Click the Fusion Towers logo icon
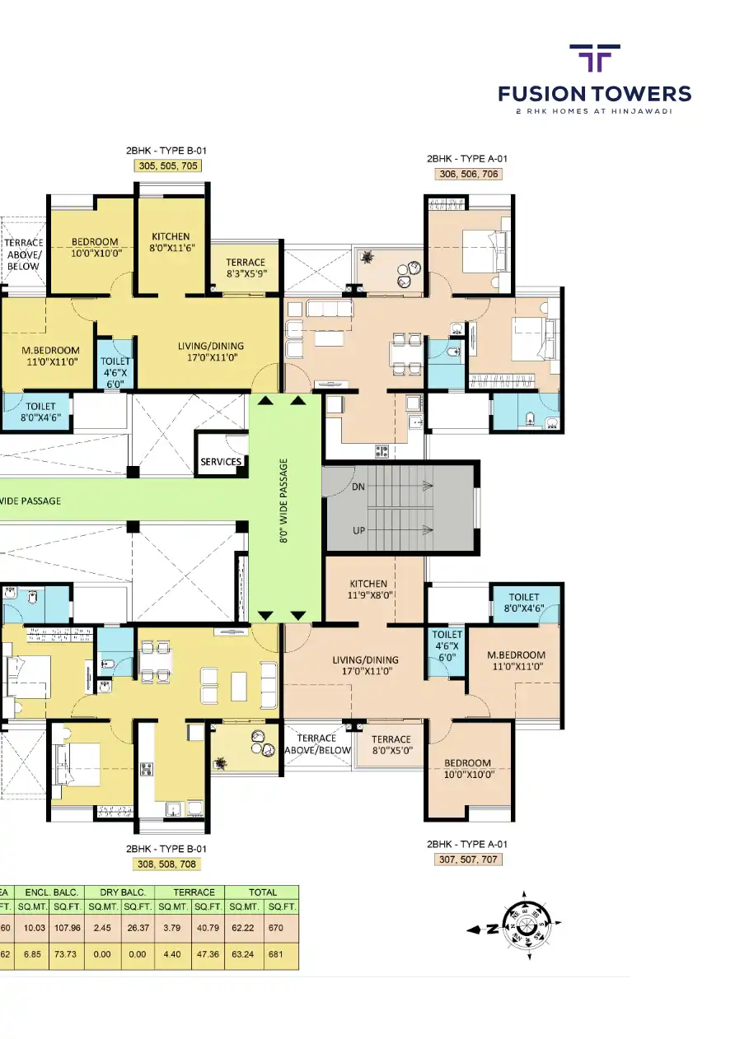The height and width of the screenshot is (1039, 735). click(x=595, y=59)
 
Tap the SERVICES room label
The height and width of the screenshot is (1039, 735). click(x=221, y=462)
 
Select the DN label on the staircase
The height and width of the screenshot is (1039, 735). click(x=358, y=487)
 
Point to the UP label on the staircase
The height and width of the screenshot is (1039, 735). click(x=358, y=530)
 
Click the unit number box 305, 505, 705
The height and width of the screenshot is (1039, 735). click(x=167, y=165)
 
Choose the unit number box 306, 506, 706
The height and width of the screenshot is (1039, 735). click(x=467, y=174)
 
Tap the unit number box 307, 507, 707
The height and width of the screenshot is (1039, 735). click(x=467, y=860)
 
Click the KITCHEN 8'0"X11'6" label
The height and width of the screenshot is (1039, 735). click(x=171, y=241)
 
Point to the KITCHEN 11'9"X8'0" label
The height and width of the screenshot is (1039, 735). click(x=367, y=589)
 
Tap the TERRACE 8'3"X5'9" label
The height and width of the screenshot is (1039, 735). click(x=246, y=268)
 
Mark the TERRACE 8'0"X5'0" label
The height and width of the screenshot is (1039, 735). click(x=391, y=745)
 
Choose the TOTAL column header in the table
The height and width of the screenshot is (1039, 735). click(x=263, y=892)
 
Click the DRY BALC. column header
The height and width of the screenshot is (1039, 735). click(x=122, y=892)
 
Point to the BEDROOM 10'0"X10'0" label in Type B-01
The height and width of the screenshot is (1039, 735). click(x=95, y=247)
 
